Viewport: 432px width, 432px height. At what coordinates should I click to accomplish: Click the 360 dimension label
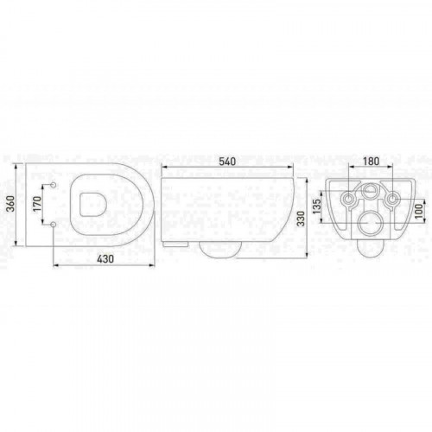point(10,204)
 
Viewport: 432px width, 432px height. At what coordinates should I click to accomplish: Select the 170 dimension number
point(37,204)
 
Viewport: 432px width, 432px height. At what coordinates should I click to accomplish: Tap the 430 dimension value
point(105,259)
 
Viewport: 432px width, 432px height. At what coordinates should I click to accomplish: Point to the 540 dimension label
point(227,162)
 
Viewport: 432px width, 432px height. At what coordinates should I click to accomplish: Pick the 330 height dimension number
point(301,219)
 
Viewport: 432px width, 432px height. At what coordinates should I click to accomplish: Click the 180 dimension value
point(371,162)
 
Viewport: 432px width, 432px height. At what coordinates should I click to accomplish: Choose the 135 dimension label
point(316,206)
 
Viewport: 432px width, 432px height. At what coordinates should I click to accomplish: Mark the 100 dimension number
point(420,211)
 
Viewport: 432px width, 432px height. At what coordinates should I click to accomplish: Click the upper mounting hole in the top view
point(54,185)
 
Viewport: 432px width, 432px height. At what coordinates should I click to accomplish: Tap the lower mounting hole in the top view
point(54,224)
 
